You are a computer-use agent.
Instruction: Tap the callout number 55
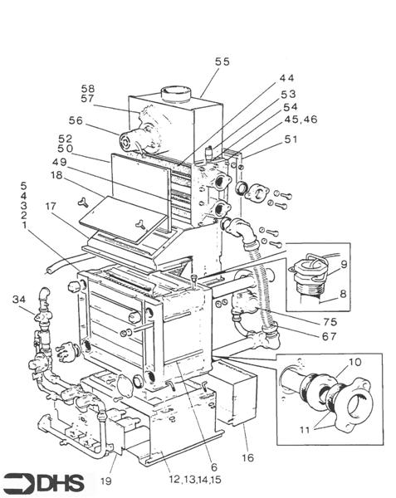coord(222,61)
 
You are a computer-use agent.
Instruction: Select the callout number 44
coord(287,78)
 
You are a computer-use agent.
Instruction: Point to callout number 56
coord(76,120)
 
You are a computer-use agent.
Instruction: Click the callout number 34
coord(19,299)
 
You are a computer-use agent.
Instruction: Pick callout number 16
coord(247,457)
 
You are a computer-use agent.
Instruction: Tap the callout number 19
coord(106,481)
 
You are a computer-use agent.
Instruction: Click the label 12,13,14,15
coord(195,479)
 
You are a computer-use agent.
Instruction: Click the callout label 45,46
coord(301,120)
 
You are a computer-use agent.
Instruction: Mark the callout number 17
coord(51,207)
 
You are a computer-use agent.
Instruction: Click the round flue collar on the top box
coord(176,94)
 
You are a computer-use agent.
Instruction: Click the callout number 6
coord(214,466)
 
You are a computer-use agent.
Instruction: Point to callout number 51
coord(291,139)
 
